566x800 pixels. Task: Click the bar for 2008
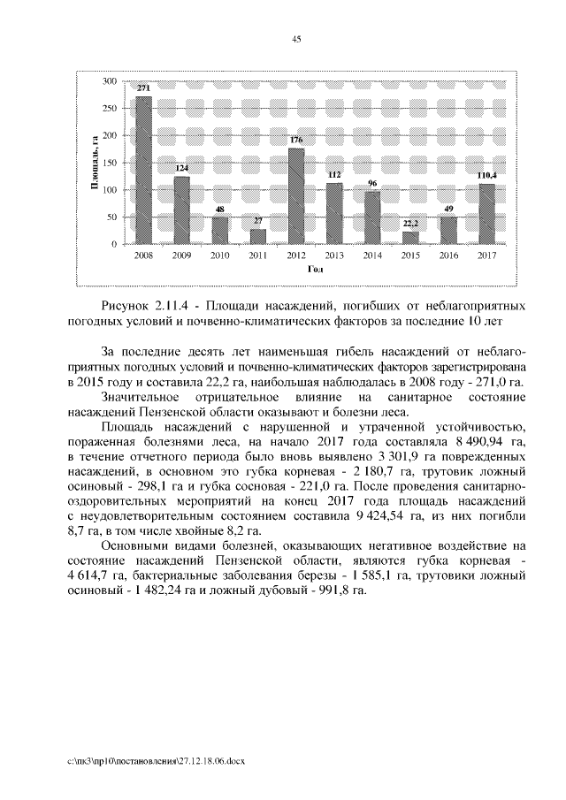(143, 170)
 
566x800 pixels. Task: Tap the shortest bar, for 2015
(410, 237)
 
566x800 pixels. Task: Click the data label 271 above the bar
(143, 89)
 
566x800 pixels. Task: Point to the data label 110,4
(486, 176)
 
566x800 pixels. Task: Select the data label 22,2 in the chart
(410, 225)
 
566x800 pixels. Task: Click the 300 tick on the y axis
(111, 81)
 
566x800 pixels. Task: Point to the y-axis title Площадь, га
(91, 163)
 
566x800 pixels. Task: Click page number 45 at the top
(296, 38)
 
